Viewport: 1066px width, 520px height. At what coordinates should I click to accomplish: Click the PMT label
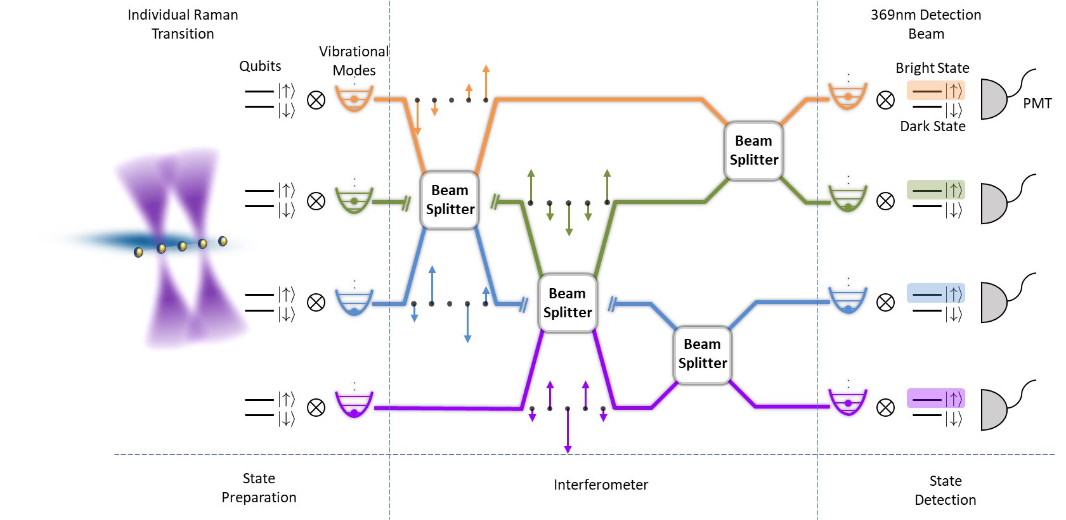[1037, 103]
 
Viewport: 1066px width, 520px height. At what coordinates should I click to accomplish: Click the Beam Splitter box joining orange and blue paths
[450, 200]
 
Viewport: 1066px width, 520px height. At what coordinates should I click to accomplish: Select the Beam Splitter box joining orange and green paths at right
[753, 150]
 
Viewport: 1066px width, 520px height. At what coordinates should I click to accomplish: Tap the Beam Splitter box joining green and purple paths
[567, 303]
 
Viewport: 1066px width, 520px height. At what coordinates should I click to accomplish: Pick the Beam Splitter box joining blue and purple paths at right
[702, 353]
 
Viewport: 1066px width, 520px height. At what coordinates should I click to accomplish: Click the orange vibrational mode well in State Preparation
[354, 98]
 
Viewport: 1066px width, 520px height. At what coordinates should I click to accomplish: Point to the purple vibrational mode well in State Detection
[848, 402]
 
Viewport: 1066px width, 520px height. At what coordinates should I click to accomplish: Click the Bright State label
[932, 68]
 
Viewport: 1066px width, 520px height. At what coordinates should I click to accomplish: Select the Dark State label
[932, 126]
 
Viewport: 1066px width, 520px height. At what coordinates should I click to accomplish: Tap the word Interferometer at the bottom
[601, 485]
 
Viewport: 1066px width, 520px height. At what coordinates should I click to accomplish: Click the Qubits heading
[260, 66]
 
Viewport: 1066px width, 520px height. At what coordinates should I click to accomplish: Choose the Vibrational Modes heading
[354, 61]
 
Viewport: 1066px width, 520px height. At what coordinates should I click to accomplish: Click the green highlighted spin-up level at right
[935, 189]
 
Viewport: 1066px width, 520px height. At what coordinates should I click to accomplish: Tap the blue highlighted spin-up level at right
[935, 293]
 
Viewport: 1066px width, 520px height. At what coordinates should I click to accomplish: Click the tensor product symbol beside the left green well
[316, 201]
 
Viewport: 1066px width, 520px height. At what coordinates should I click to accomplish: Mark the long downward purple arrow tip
[568, 450]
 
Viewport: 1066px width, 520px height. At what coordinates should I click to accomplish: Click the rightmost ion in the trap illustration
[223, 241]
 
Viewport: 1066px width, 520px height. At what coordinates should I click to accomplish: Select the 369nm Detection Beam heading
[926, 24]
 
